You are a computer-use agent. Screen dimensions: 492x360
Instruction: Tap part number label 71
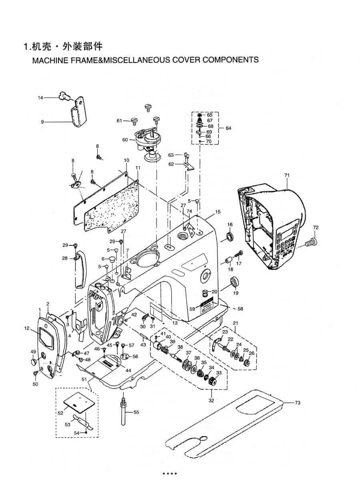click(286, 175)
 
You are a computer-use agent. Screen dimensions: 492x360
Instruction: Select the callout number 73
click(297, 403)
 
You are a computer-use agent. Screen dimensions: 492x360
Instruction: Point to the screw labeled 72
click(311, 241)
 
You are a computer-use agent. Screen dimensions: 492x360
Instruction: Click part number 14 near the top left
click(40, 97)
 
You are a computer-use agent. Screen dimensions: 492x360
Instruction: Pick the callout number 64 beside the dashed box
click(228, 128)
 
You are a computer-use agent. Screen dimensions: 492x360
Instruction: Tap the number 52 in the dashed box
click(60, 413)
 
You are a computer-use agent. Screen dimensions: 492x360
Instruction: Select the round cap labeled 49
click(32, 362)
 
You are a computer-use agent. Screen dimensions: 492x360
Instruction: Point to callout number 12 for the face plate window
click(27, 329)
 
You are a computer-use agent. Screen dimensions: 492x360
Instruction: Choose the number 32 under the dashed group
click(212, 400)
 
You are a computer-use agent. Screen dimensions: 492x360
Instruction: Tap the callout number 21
click(236, 323)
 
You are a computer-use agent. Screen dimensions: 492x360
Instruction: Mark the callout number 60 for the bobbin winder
click(125, 140)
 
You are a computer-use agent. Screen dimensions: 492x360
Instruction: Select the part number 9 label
click(42, 122)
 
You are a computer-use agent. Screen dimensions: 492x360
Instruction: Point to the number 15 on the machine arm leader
click(218, 212)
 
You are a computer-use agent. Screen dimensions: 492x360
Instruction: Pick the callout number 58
click(240, 309)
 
